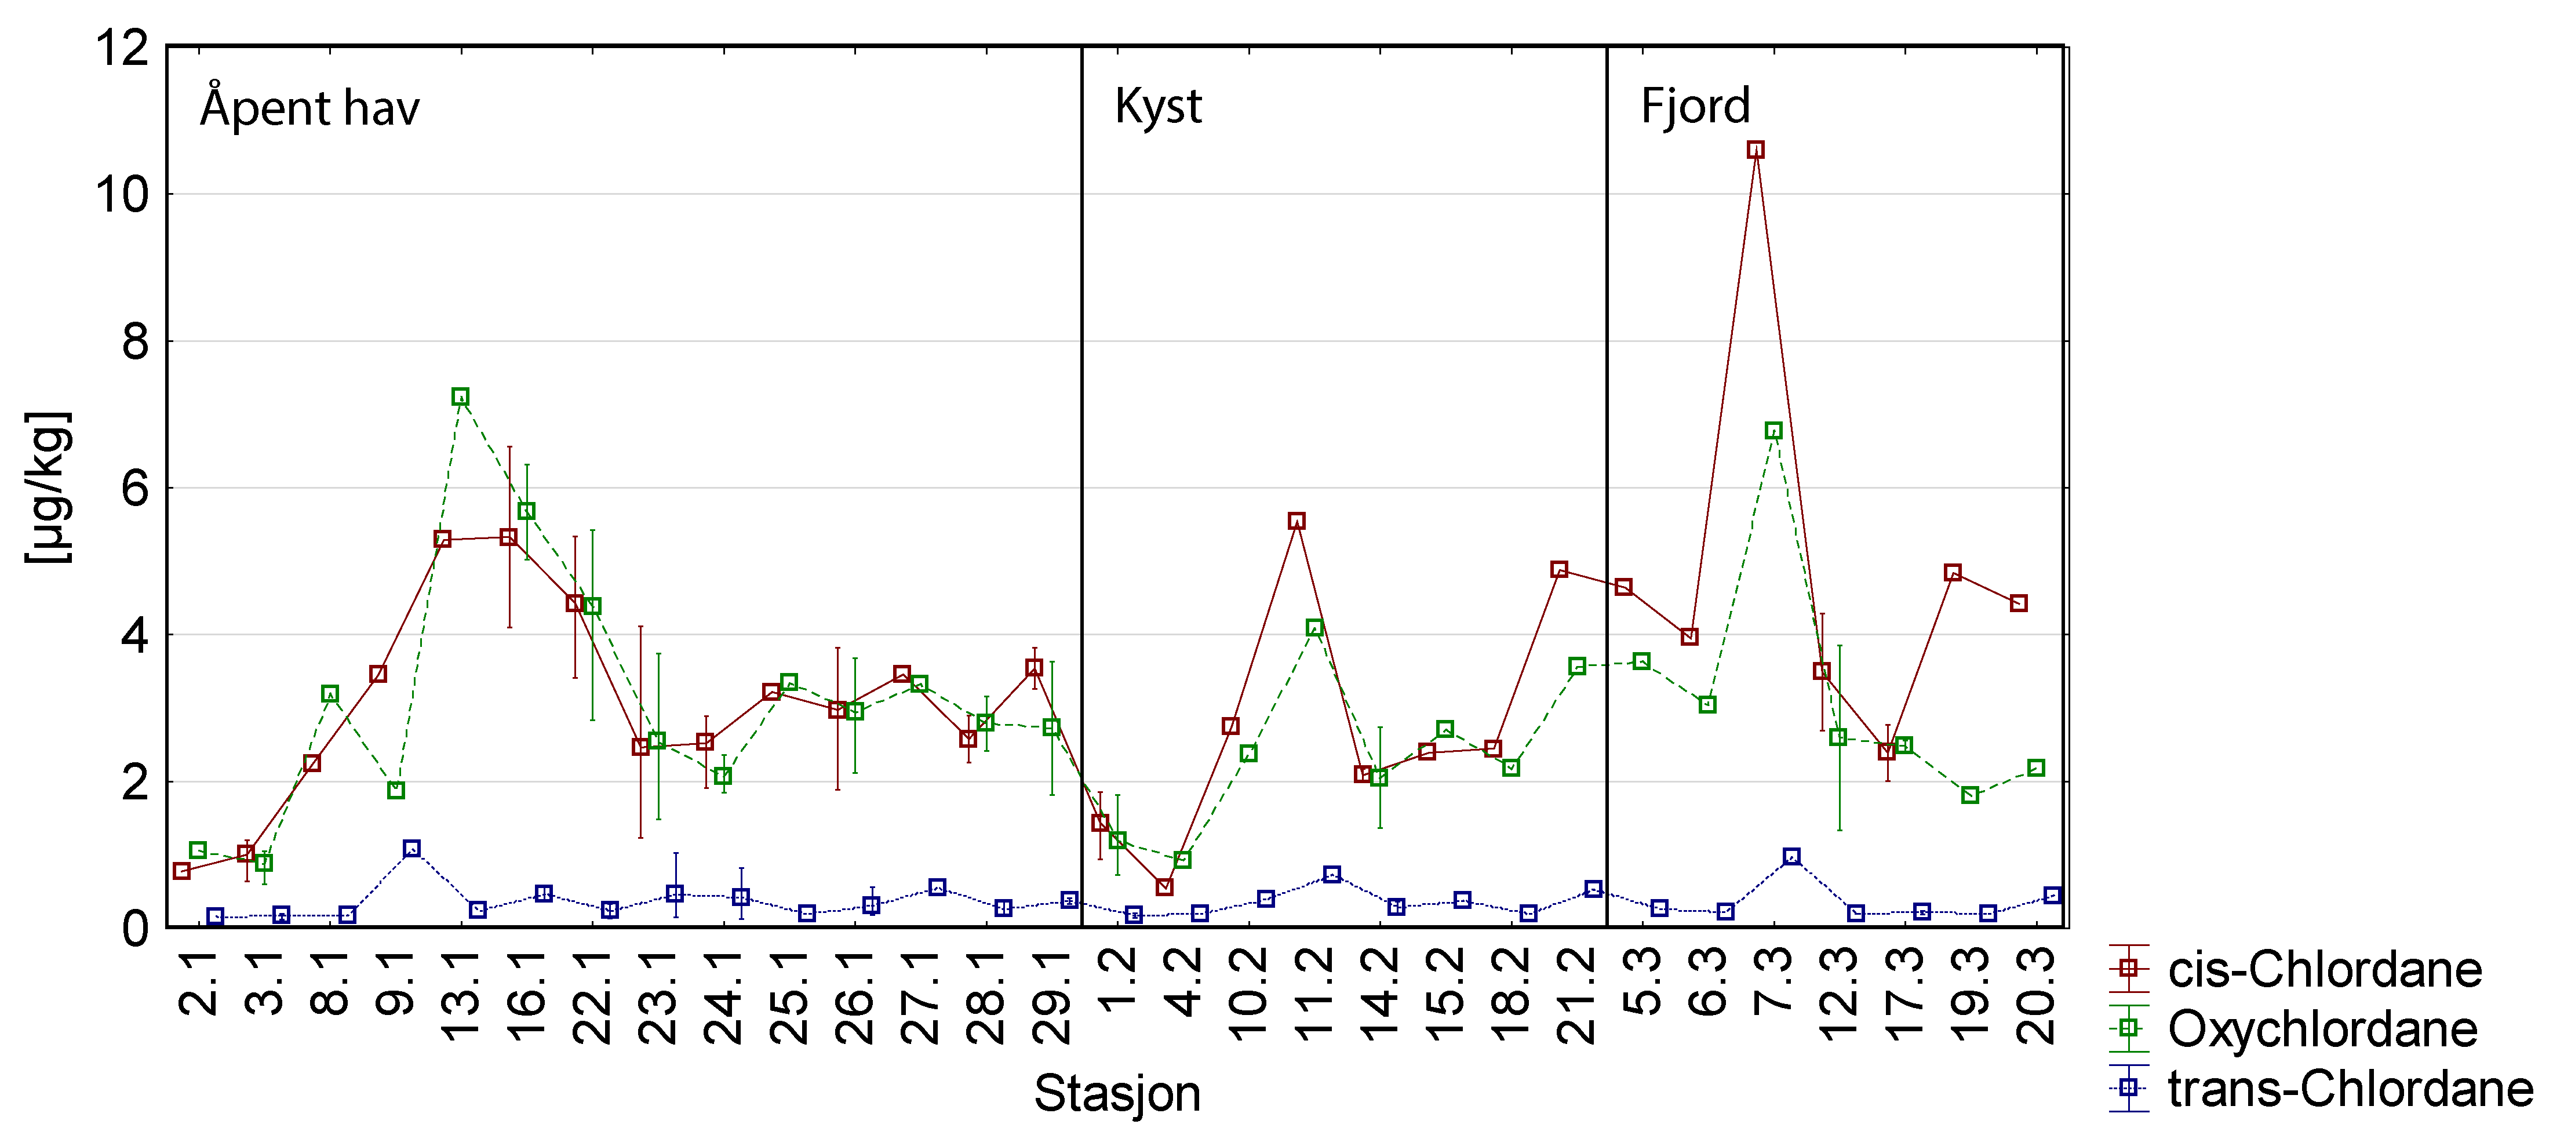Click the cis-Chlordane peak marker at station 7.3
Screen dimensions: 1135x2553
(1755, 150)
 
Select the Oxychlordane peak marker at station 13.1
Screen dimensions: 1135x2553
(460, 396)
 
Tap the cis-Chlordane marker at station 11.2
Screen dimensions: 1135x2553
(1296, 521)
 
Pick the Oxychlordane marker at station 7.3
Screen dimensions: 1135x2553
(1773, 430)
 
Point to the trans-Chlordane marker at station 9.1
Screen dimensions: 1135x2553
(411, 849)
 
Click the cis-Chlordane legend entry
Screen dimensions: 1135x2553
(2324, 969)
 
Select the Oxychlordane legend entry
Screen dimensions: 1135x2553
(2322, 1029)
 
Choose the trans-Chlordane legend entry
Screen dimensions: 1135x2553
(2349, 1089)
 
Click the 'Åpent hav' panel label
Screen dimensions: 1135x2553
(309, 107)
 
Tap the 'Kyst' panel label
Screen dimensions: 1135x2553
(1157, 106)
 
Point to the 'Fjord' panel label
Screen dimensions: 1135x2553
(1695, 106)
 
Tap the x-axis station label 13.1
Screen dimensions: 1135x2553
(460, 996)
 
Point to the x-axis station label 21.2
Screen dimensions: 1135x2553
(1576, 996)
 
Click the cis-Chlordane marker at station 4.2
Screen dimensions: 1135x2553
(1164, 886)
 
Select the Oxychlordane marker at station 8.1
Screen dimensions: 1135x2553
(330, 694)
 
